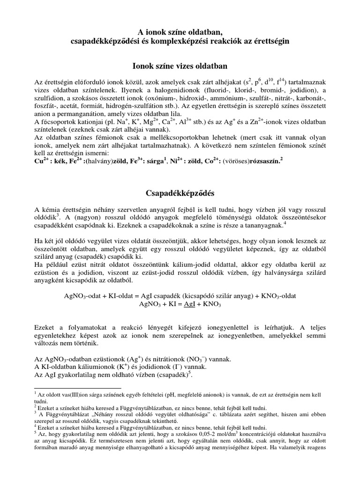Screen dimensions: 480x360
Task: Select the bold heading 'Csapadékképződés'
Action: pos(180,193)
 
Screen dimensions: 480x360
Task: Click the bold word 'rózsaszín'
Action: pos(262,160)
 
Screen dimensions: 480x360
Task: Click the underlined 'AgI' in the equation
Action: pos(177,304)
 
